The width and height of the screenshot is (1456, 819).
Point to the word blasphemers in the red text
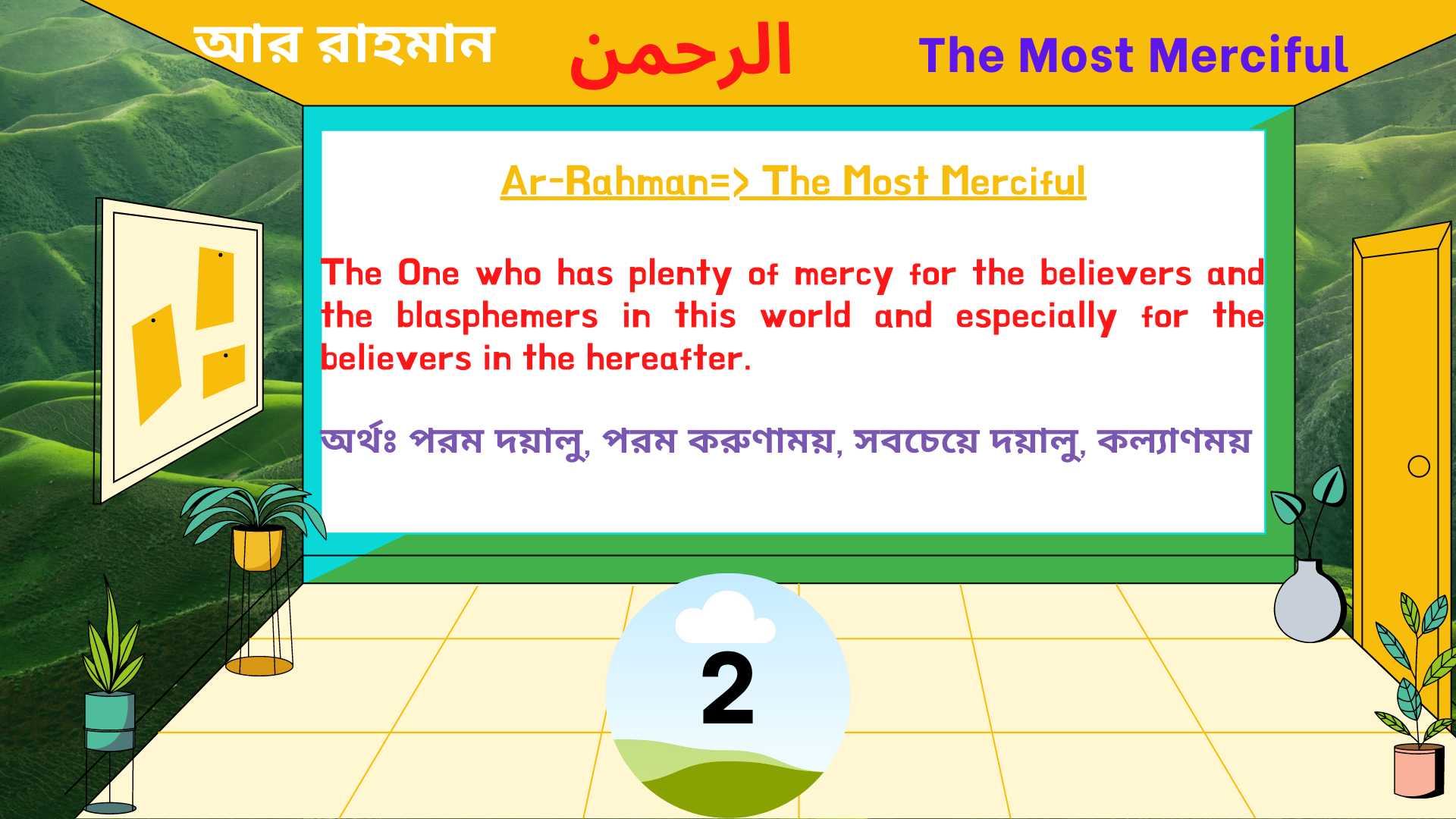(x=497, y=316)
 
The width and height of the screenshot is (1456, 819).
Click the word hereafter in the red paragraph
(x=664, y=358)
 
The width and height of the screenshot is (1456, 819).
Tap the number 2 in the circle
(x=727, y=689)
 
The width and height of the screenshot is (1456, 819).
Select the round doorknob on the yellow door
(x=1418, y=466)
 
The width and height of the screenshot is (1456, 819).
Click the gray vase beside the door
(x=1309, y=603)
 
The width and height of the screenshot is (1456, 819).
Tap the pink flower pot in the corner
(x=1417, y=770)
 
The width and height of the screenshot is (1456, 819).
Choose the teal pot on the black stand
(x=110, y=720)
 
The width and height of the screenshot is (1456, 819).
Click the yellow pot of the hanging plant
(x=258, y=548)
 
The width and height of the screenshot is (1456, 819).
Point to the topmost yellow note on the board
(x=215, y=287)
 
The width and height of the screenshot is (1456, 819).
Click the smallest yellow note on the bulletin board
(x=224, y=371)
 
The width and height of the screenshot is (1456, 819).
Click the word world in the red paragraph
(x=805, y=316)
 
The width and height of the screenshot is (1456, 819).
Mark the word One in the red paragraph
(x=428, y=274)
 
